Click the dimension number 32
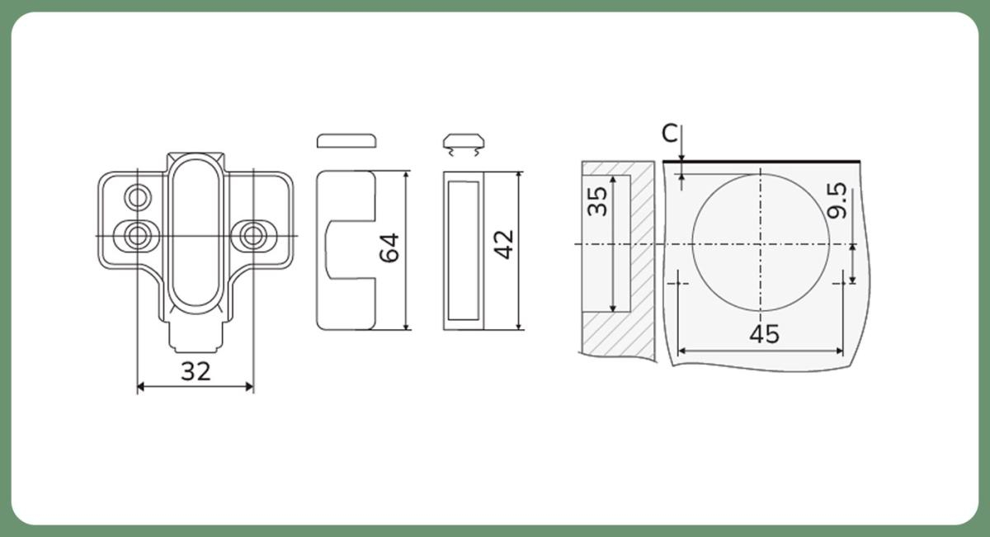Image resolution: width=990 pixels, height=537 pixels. coord(196,371)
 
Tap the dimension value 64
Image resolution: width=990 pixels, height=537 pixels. coord(389,248)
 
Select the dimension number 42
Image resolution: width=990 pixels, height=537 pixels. coord(503,244)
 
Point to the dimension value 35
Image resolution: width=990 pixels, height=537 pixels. coord(597,201)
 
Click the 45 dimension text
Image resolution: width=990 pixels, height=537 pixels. coord(765,334)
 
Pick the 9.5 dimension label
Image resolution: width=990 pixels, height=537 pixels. coord(837,201)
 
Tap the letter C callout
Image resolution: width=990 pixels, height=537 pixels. coord(670,133)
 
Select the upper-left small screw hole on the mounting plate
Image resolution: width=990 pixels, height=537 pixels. coord(138,197)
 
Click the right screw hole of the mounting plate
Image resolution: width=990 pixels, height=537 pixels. coord(253,235)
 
